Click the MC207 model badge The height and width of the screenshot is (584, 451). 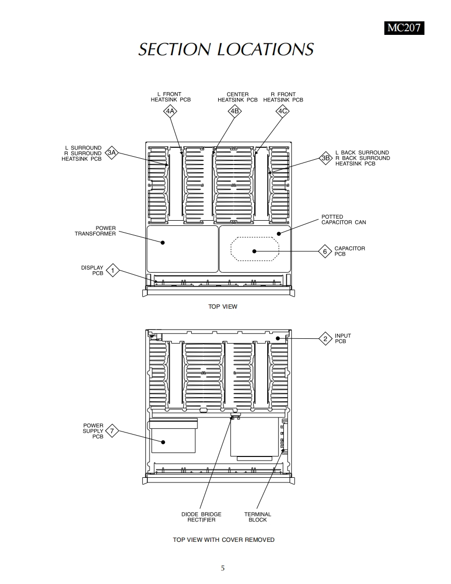click(x=404, y=28)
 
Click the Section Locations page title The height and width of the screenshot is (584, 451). click(x=226, y=49)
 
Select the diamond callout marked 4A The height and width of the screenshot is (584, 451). click(x=170, y=111)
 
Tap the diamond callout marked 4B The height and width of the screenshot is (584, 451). click(x=234, y=111)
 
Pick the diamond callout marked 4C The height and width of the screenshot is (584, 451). click(x=282, y=111)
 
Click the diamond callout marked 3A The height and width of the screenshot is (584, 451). click(x=112, y=153)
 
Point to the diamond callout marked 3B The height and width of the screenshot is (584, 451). click(x=326, y=158)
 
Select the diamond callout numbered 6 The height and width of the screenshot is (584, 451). click(x=325, y=251)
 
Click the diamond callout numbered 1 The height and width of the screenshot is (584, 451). click(x=112, y=271)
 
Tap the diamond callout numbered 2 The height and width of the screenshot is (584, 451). click(x=325, y=339)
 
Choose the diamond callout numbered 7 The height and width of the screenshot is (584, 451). click(x=111, y=431)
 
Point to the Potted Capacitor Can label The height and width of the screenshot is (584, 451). click(x=343, y=219)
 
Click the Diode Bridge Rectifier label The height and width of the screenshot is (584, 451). click(x=201, y=517)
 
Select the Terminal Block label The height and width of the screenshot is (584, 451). click(x=258, y=517)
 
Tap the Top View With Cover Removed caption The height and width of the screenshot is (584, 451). click(x=223, y=540)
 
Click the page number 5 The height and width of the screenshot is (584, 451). click(x=223, y=568)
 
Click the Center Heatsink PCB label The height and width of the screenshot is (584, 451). click(x=237, y=97)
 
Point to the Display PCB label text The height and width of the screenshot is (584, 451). click(x=92, y=270)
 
